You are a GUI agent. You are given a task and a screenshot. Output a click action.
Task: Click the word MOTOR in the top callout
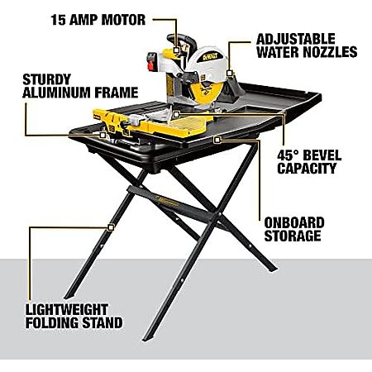tap(123, 20)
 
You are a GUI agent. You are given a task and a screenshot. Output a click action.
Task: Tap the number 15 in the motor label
tap(58, 20)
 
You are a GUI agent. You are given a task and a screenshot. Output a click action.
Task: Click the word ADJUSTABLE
tap(296, 39)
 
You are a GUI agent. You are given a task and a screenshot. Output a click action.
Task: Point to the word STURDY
tap(47, 79)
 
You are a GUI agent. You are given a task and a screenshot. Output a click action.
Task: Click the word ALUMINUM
tap(56, 93)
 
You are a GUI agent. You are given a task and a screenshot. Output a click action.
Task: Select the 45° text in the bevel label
tap(288, 155)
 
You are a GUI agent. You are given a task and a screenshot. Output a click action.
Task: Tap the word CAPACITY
tap(307, 169)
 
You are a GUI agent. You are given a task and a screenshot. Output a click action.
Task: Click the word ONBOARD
tap(294, 223)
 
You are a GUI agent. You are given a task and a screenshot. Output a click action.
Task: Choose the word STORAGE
tap(293, 236)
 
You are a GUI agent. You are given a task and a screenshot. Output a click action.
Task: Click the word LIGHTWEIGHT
tap(67, 310)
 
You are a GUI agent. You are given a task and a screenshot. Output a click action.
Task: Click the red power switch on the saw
tap(150, 66)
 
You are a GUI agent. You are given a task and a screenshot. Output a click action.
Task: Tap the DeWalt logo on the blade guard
tap(211, 56)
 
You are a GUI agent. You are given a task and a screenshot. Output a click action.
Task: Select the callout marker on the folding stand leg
tap(111, 227)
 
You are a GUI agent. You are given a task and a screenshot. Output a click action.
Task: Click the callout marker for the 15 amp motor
tap(176, 50)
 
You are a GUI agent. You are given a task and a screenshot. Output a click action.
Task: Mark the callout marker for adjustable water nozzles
tap(229, 73)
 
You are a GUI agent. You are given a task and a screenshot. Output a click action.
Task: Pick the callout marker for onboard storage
tap(217, 140)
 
